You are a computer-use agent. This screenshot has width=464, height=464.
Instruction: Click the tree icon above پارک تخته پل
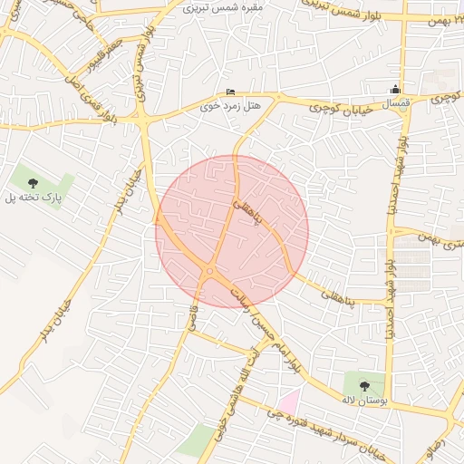coord(34,184)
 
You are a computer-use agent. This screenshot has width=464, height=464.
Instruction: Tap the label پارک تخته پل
coord(33,198)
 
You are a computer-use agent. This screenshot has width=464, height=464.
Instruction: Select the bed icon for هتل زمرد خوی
coord(230,93)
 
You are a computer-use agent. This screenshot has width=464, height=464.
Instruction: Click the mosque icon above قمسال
coord(394,89)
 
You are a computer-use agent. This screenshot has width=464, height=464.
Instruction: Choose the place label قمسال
coord(395,105)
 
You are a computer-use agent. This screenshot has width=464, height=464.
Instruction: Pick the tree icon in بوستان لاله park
coord(364,386)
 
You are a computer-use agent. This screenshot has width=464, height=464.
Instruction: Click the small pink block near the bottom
coord(288,400)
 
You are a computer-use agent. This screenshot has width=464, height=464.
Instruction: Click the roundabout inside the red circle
coord(210,270)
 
